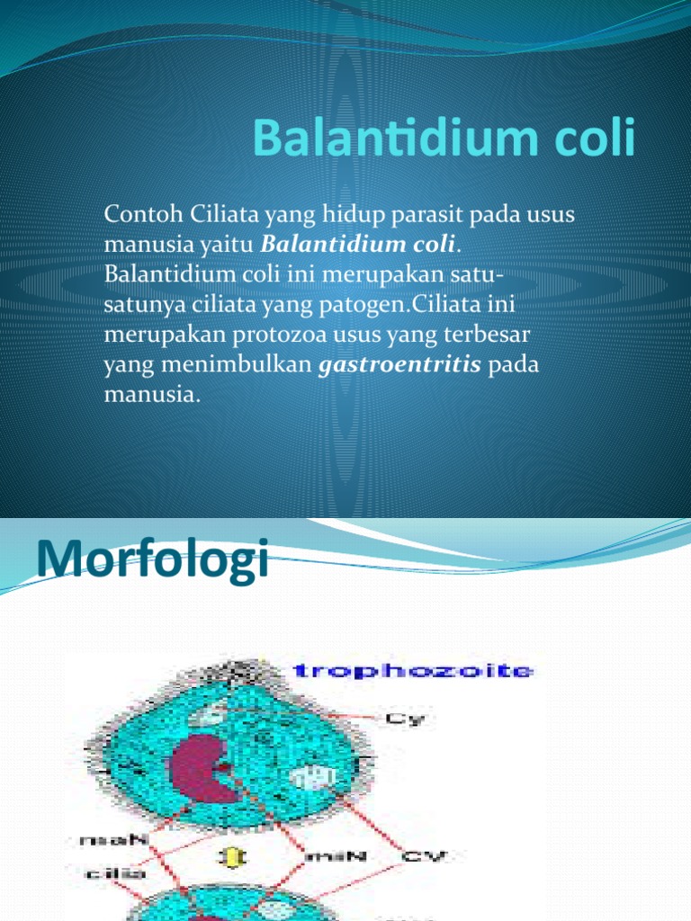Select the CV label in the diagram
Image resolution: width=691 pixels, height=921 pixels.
pyautogui.click(x=422, y=856)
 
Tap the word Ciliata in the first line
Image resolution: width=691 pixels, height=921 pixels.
pyautogui.click(x=221, y=215)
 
